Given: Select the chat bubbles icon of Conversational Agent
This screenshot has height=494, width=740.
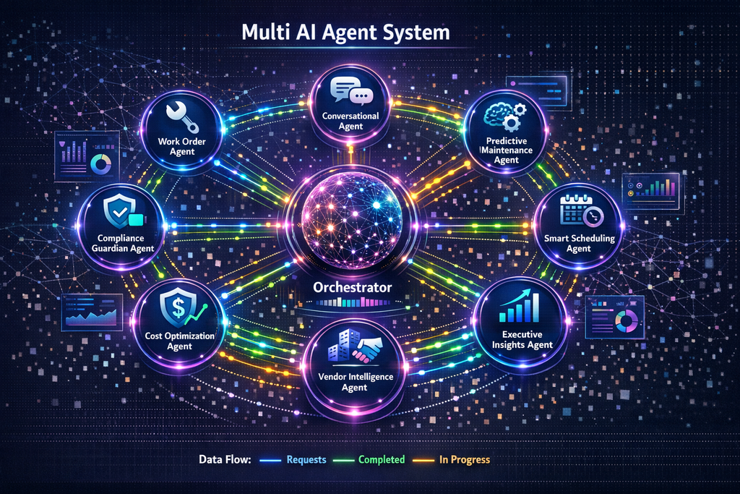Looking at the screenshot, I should click(x=350, y=91).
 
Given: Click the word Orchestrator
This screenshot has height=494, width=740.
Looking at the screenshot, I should click(x=353, y=287).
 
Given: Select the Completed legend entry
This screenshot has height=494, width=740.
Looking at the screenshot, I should click(x=381, y=459).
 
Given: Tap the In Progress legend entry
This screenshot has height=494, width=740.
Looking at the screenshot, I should click(x=465, y=459).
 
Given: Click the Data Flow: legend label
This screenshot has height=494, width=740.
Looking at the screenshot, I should click(x=223, y=459).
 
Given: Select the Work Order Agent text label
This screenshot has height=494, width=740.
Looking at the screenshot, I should click(x=177, y=146).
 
